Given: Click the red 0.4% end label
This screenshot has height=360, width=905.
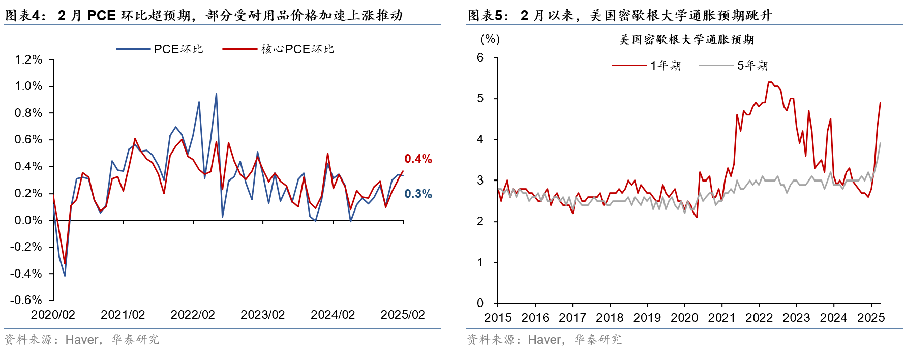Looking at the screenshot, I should click(418, 159).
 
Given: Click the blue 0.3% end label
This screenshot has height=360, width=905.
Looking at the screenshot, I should click(418, 194).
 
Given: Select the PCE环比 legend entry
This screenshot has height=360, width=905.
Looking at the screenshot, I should click(160, 49).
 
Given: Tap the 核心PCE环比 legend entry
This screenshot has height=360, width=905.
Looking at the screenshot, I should click(278, 49).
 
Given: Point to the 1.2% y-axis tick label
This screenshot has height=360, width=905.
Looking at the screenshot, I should click(28, 59).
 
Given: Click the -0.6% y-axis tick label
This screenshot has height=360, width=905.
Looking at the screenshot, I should click(26, 300).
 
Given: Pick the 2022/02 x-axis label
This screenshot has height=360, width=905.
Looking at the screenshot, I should click(193, 315).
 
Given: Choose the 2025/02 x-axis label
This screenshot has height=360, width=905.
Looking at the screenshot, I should click(403, 315).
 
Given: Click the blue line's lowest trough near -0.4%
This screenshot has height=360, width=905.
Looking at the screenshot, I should click(65, 276).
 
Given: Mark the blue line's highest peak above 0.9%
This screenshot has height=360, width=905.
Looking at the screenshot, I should click(216, 94).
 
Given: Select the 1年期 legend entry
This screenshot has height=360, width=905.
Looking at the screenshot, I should click(646, 65).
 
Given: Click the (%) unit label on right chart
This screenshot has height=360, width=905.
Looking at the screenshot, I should click(490, 39).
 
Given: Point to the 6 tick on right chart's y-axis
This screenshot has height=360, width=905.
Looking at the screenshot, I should click(480, 57).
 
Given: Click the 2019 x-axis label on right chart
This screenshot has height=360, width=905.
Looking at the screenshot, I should click(647, 318).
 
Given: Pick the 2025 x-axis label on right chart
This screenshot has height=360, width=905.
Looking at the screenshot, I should click(871, 318).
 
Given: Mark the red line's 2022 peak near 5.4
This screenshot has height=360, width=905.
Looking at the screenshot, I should click(770, 82).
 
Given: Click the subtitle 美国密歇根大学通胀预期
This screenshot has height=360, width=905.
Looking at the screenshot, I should click(686, 40).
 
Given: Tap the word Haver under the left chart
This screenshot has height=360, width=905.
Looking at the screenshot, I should click(82, 340).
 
